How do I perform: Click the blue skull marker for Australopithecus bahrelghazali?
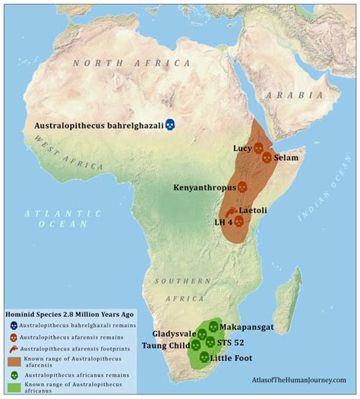(171, 124)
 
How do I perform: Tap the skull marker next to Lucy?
(258, 148)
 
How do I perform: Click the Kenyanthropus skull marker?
(242, 187)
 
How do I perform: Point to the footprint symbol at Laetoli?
(229, 211)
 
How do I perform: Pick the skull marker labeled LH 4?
(238, 221)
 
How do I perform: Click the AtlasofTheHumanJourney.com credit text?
(297, 379)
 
